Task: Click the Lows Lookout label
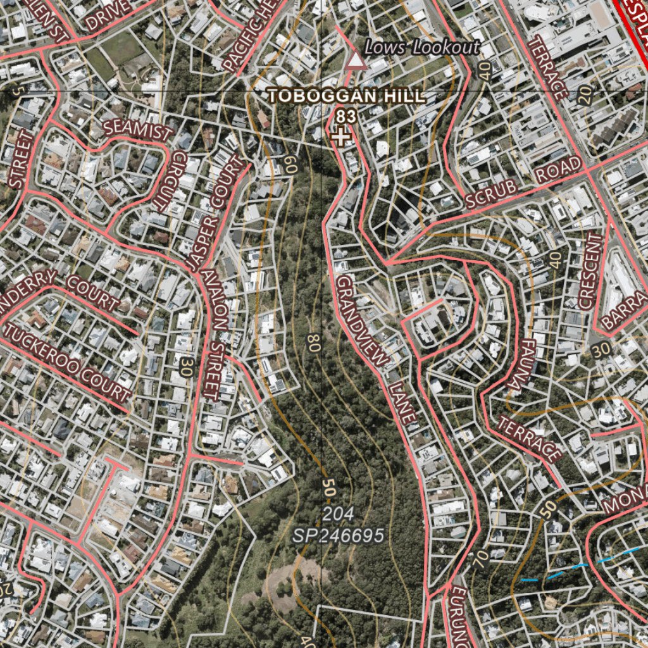[x=422, y=47]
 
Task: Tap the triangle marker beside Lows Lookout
[x=356, y=61]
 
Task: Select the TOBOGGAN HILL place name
[x=346, y=96]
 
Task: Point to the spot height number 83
[x=346, y=116]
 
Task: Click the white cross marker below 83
[x=342, y=136]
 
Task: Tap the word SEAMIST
[x=138, y=130]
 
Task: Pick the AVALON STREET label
[x=215, y=336]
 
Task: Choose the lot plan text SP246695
[x=338, y=536]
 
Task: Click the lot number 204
[x=337, y=513]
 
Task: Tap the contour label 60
[x=290, y=165]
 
